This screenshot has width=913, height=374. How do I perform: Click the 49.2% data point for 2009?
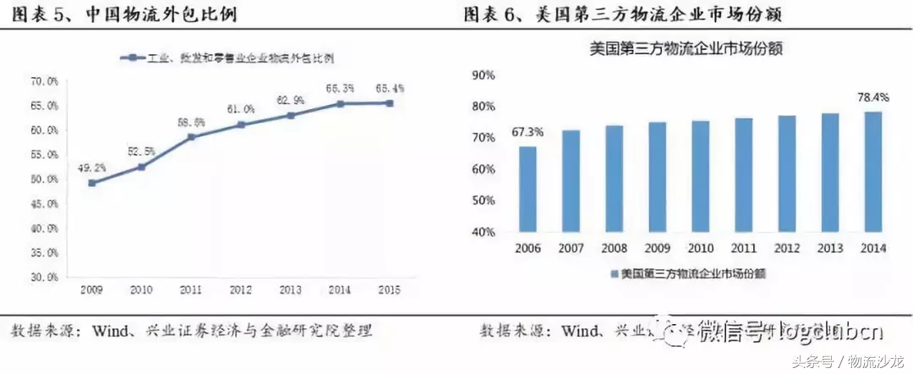click(x=92, y=182)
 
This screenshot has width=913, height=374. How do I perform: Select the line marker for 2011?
click(x=191, y=136)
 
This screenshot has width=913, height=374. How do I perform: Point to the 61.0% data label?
click(x=241, y=109)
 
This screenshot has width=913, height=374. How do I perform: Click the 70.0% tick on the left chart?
click(x=44, y=81)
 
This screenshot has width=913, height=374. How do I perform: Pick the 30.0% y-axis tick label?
click(x=44, y=277)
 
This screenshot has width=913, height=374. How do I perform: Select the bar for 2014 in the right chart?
click(x=872, y=172)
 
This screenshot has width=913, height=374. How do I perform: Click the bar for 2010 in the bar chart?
click(x=700, y=176)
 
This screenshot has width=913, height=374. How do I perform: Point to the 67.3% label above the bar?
click(x=528, y=133)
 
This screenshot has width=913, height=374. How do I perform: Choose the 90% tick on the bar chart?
click(x=483, y=74)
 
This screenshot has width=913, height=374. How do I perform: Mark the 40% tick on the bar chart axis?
click(x=483, y=232)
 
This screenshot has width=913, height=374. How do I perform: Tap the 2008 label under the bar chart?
click(x=614, y=248)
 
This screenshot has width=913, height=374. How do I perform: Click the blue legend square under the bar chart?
click(x=614, y=274)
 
